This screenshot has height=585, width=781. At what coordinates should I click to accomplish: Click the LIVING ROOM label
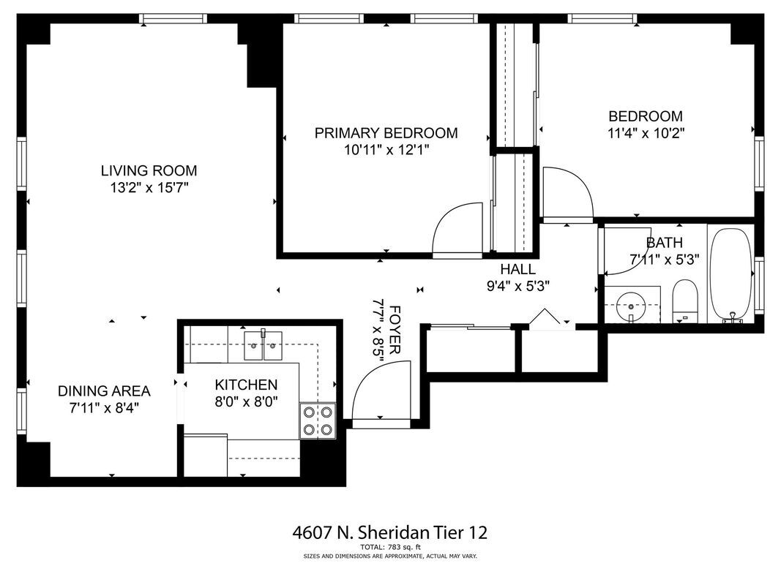point(149,171)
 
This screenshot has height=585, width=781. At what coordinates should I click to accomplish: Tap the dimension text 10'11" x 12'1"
point(386,151)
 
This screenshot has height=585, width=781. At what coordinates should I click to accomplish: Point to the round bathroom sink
point(629,308)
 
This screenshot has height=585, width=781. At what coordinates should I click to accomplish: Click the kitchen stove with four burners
point(318,421)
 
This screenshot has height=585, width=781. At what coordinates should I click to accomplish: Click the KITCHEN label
point(246,385)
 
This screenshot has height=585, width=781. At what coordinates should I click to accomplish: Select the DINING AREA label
point(104,390)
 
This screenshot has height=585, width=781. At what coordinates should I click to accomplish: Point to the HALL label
point(517,269)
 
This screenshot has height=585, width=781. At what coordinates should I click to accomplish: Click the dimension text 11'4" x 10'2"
point(646,134)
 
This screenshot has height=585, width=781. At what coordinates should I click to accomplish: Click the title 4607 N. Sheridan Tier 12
point(390,532)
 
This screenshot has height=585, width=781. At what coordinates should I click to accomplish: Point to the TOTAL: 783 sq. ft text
point(390,547)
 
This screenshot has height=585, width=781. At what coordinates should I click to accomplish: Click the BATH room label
point(665,243)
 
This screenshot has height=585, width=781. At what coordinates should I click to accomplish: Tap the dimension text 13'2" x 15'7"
point(149,189)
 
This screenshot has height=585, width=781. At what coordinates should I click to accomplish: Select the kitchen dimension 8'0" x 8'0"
point(246,401)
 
